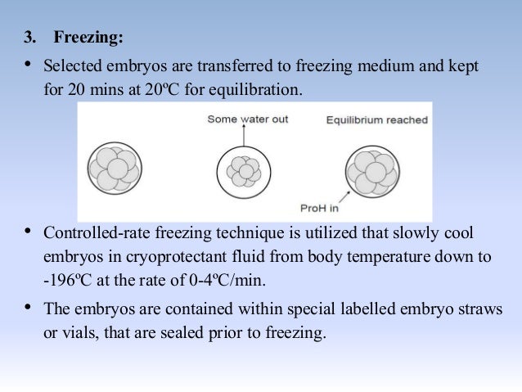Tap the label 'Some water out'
[x=247, y=119]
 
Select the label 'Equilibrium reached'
[x=376, y=120]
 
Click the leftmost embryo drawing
[x=112, y=168]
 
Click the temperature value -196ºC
[x=72, y=278]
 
